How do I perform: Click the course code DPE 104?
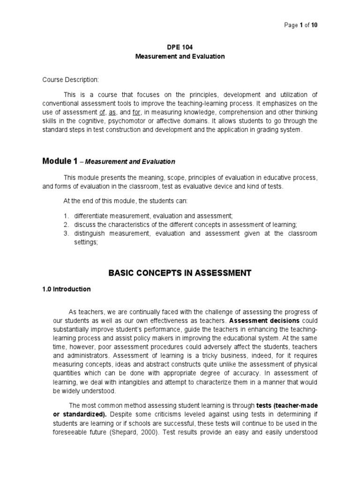coord(180,47)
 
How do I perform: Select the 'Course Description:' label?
coord(70,80)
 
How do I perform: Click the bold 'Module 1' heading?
coord(60,161)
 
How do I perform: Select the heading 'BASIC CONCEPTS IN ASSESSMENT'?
coord(180,272)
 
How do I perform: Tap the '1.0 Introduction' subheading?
coord(67,289)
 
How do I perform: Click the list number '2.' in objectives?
coord(67,225)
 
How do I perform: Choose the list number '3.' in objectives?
coord(67,233)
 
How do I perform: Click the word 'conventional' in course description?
coord(62,104)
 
